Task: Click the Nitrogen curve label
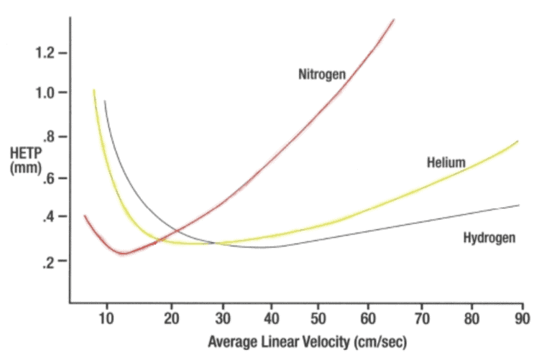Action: tap(322, 73)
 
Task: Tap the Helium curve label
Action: tap(446, 162)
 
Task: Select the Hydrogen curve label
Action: tap(489, 237)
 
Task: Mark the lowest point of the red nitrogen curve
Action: tap(123, 253)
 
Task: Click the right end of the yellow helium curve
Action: tap(517, 142)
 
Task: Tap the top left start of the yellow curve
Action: tap(93, 91)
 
